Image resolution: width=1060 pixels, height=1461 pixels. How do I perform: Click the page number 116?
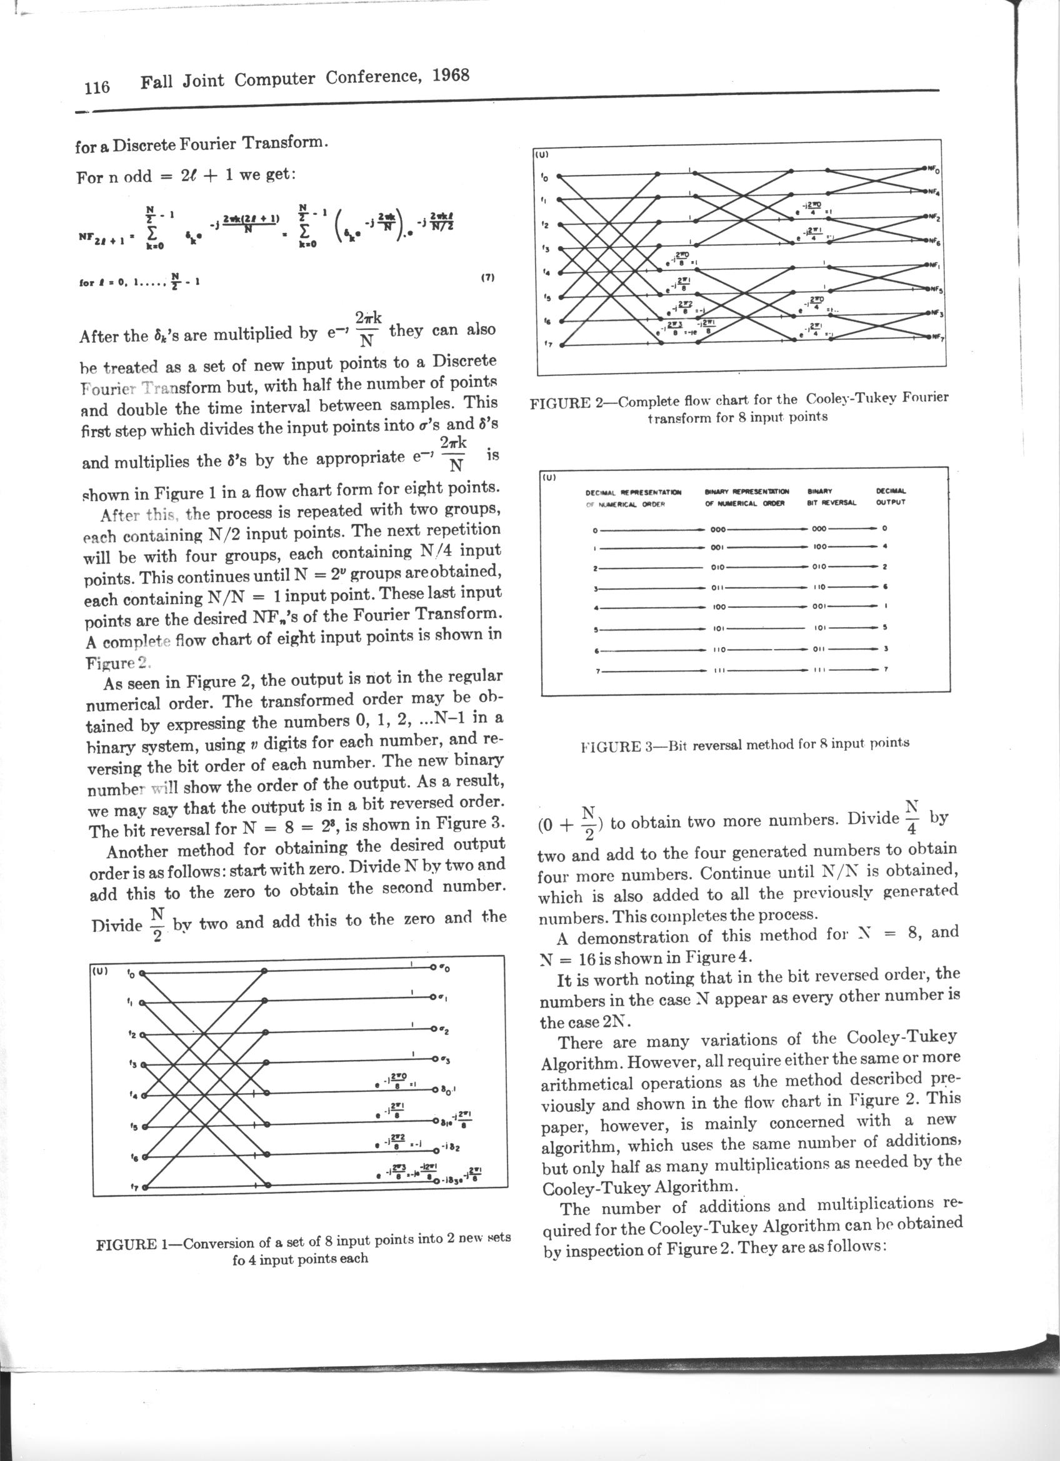click(97, 86)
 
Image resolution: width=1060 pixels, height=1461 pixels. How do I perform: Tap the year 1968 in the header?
click(451, 76)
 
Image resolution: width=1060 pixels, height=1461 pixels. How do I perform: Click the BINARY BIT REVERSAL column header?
click(831, 497)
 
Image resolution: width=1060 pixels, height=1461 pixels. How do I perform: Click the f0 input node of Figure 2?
click(559, 176)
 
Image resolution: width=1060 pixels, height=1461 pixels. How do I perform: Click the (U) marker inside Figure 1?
click(100, 969)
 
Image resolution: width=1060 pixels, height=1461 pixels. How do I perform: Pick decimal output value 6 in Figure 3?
click(886, 587)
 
